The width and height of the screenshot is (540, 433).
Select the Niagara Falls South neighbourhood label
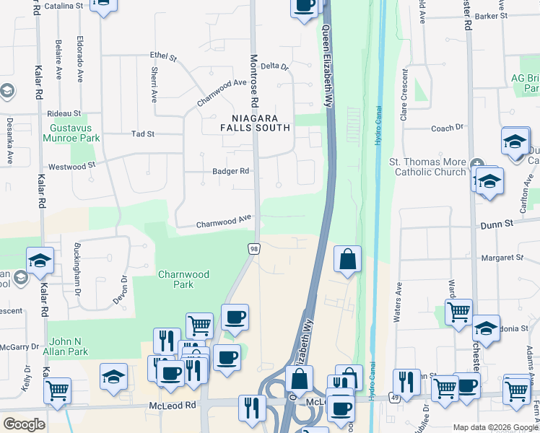(256, 123)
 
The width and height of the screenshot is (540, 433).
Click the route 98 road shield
(253, 249)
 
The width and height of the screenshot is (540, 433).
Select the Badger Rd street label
(230, 171)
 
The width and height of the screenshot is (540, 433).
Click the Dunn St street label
(498, 224)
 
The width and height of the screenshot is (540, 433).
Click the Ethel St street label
(163, 55)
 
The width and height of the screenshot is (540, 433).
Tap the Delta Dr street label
(274, 66)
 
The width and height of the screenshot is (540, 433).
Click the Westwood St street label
(71, 165)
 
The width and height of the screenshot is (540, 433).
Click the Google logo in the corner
(23, 424)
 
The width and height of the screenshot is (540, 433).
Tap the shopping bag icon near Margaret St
(347, 258)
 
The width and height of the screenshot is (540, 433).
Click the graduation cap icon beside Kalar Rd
(40, 260)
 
